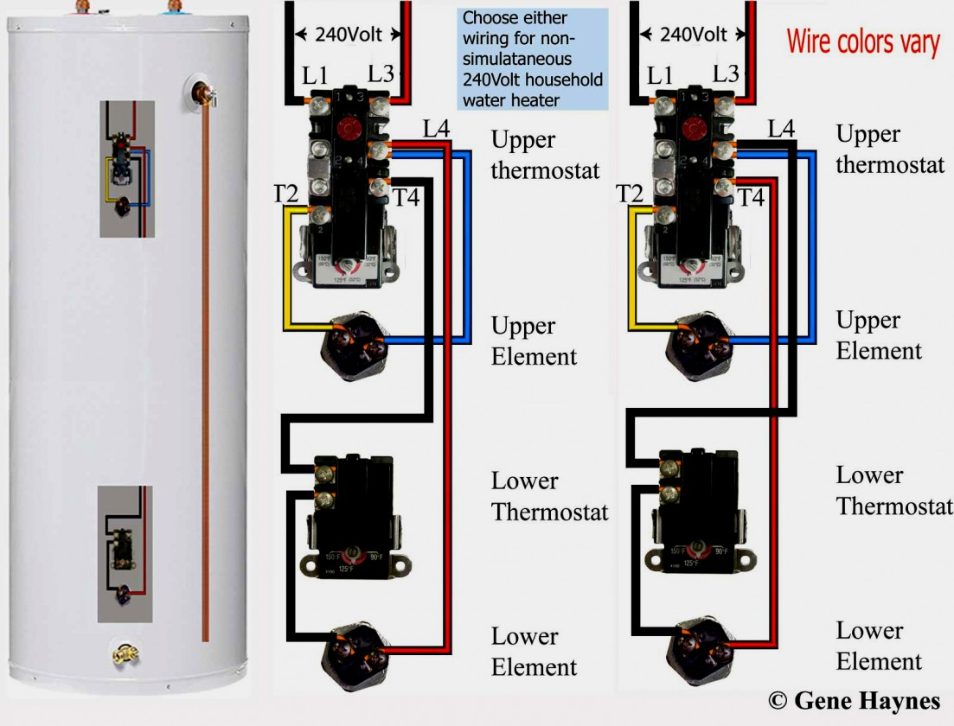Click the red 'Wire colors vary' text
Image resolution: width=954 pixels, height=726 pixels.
pos(862,42)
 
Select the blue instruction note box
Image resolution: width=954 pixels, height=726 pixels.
pos(532,59)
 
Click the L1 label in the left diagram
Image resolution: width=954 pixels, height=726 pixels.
pos(315,78)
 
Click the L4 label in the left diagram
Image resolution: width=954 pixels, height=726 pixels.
pos(436,130)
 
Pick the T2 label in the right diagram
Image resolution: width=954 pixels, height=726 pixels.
pos(631,194)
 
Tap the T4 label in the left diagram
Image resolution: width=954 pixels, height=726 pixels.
pos(406,198)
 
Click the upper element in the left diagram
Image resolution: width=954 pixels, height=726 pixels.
pos(353,342)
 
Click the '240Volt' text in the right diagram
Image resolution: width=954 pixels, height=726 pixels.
pos(694,35)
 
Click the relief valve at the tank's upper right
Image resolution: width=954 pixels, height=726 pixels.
pos(203,91)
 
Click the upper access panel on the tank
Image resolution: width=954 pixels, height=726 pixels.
pos(126,169)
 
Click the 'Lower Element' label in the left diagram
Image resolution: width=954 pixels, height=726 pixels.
pos(534,653)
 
